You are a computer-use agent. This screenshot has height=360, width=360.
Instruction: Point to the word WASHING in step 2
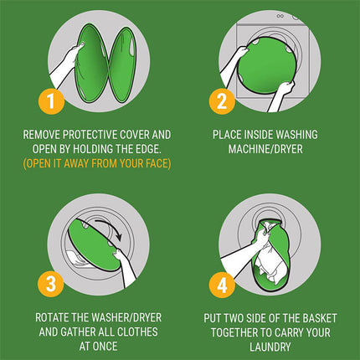point(302,132)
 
